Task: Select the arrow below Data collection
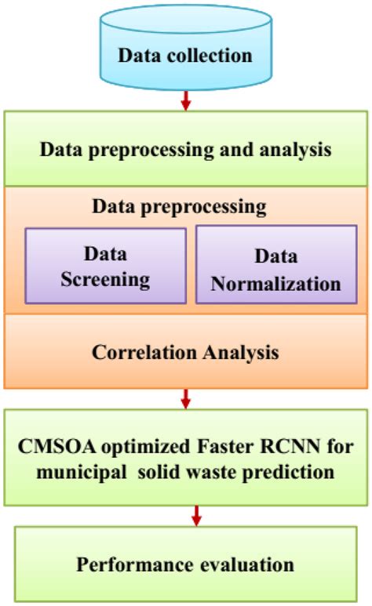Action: [186, 100]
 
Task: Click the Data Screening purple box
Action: [105, 266]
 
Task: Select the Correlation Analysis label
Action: [185, 352]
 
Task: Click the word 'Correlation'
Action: [136, 352]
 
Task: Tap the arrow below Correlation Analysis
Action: [186, 398]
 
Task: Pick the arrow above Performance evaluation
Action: [186, 517]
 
